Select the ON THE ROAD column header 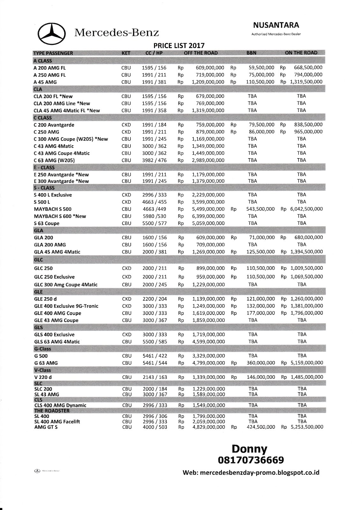[x=301, y=53]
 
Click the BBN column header [x=251, y=53]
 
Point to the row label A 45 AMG [x=45, y=82]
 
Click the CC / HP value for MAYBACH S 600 [x=154, y=216]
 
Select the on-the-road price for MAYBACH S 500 [x=306, y=209]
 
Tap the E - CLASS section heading [x=44, y=167]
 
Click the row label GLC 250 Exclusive [x=54, y=277]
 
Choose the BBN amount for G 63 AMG [x=261, y=363]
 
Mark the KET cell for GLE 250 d [x=127, y=299]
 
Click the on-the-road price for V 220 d [x=306, y=377]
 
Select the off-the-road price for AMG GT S [x=209, y=427]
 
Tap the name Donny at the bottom [x=249, y=449]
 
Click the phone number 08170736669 [x=250, y=460]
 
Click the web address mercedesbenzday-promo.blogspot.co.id [x=251, y=473]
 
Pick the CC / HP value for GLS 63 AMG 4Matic [x=154, y=342]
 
